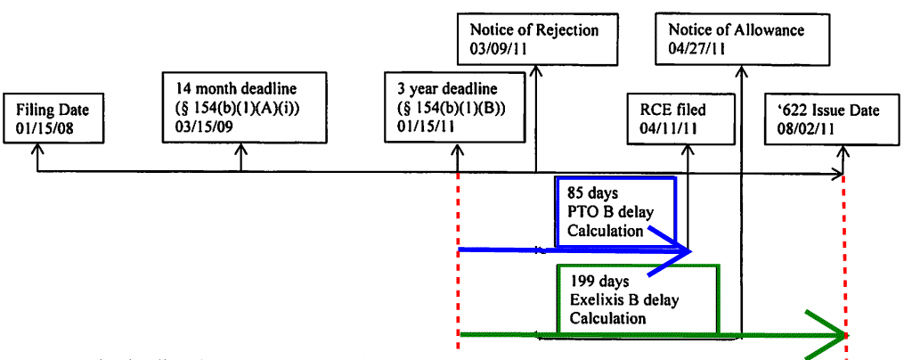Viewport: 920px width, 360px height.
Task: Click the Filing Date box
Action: coord(53,118)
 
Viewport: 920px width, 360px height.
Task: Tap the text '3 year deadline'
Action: coord(446,89)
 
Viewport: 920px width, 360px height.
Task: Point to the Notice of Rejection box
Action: coord(537,38)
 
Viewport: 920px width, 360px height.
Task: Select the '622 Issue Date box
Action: coord(832,119)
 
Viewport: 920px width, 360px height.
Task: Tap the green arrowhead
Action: coord(825,335)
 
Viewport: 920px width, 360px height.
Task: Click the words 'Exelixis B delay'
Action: coord(624,300)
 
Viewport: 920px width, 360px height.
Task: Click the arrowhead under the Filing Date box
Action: coord(37,149)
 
